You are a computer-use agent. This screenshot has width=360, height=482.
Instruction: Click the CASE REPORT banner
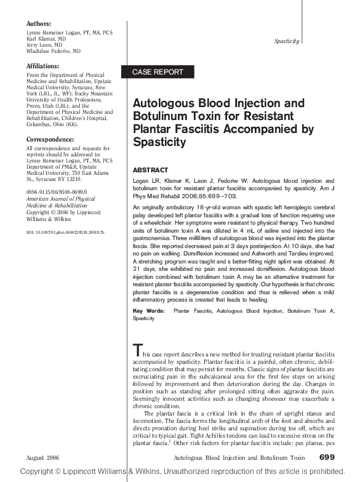click(x=158, y=72)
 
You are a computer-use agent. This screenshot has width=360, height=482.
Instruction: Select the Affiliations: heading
click(x=43, y=66)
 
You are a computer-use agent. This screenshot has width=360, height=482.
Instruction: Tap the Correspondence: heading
click(x=47, y=139)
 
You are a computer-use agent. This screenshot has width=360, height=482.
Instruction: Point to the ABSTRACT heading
click(x=151, y=169)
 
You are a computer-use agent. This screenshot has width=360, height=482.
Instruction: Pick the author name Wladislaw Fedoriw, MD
click(x=54, y=52)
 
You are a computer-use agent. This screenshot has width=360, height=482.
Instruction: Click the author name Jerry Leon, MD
click(x=44, y=46)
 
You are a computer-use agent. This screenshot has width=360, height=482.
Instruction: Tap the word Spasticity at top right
click(x=286, y=41)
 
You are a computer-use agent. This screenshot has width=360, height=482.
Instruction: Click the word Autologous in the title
click(x=167, y=103)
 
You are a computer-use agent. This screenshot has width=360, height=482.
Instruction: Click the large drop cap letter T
click(x=138, y=351)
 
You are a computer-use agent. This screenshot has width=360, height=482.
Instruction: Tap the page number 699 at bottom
click(x=327, y=457)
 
